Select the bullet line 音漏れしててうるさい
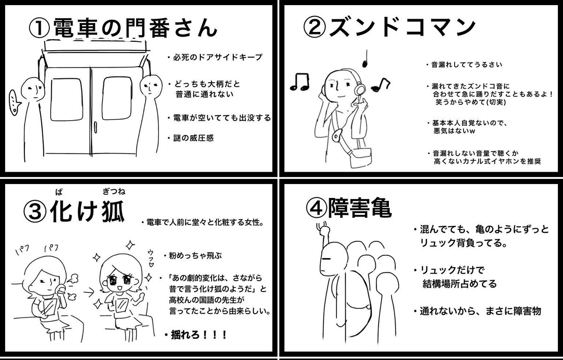(466, 65)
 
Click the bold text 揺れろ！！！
(195, 335)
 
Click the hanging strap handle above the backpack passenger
(323, 230)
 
